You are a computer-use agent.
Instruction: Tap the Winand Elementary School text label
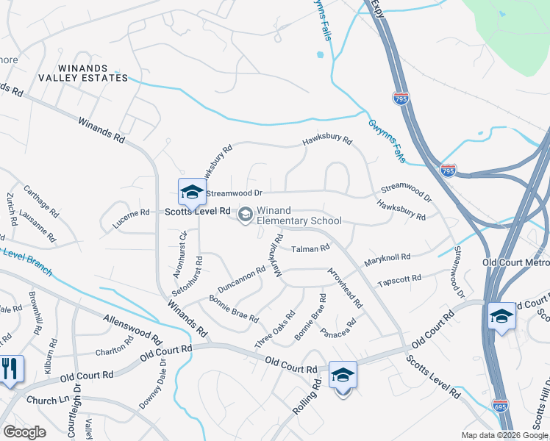coord(299,215)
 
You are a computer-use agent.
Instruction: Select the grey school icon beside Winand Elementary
coord(245,215)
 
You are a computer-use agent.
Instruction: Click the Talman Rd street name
coord(310,249)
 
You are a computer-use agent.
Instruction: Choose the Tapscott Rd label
coord(399,280)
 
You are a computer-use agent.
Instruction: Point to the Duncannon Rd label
coord(241,280)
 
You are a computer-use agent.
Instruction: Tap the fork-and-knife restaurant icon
coord(10,368)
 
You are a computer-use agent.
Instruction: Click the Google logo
coord(24,431)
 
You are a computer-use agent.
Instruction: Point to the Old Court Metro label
coord(515,262)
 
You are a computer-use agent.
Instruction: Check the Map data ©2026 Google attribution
coord(505,435)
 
